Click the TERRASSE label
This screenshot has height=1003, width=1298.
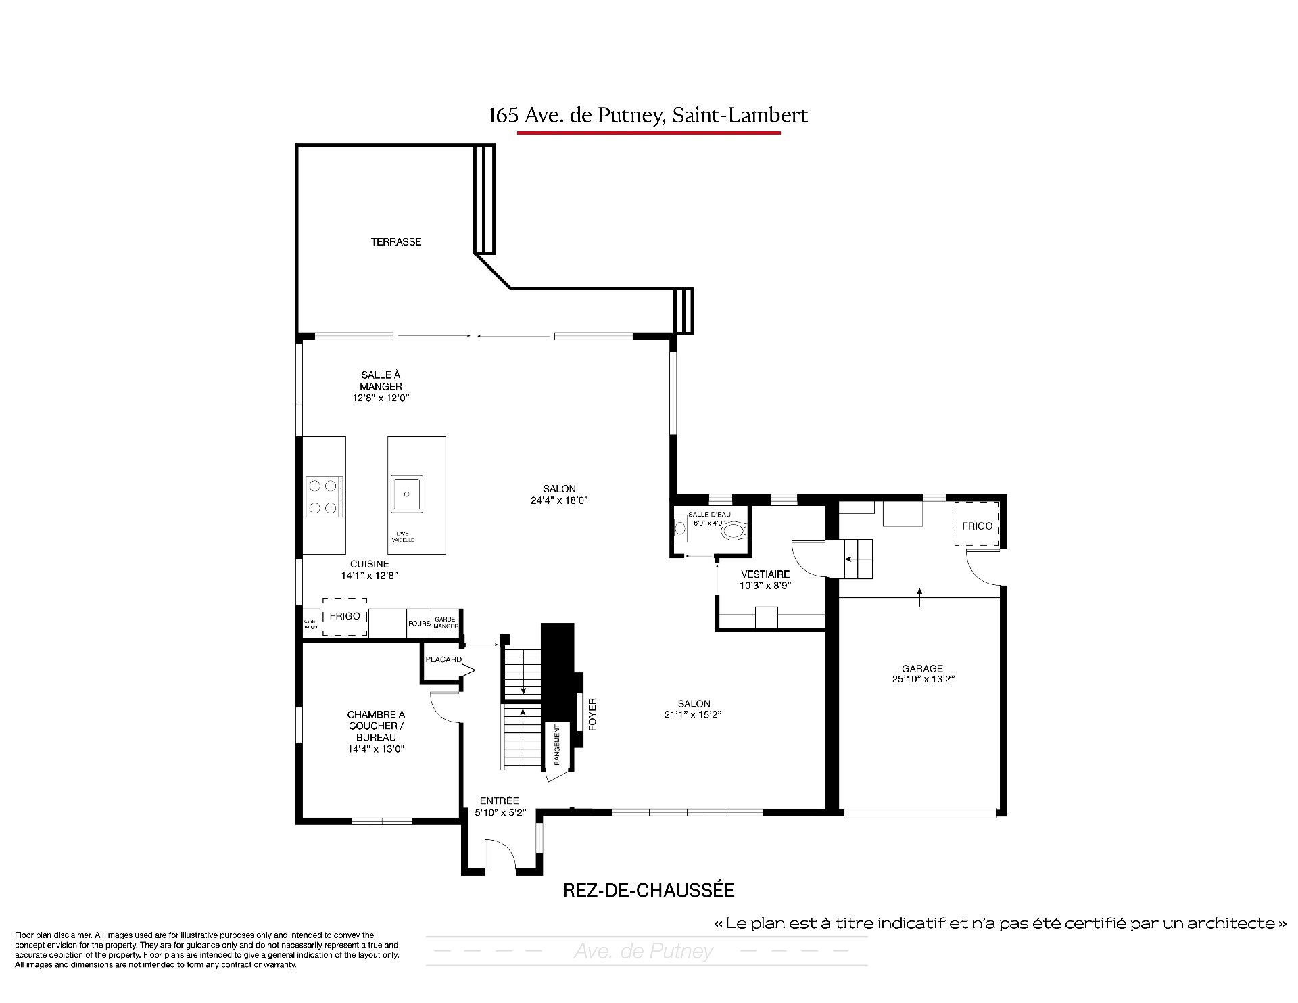coord(396,241)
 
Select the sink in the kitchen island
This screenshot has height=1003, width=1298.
coord(406,495)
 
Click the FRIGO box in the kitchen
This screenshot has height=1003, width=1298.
coord(345,617)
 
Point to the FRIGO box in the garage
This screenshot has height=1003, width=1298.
coord(977,523)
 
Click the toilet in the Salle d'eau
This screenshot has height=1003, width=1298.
coord(734,532)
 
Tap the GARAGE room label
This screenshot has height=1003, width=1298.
coord(922,668)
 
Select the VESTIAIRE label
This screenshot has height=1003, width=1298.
coord(765,574)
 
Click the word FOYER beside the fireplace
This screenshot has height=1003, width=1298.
coord(592,714)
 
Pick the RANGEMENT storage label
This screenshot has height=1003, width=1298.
coord(558,745)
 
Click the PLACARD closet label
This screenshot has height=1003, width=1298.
coord(443,659)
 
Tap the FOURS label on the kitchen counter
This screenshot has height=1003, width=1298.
coord(419,623)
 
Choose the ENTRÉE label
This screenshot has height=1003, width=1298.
coord(500,801)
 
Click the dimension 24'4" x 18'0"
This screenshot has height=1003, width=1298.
coord(560,500)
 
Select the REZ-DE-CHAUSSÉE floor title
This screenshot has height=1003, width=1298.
coord(649,890)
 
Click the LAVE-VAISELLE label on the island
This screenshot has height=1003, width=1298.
coord(403,536)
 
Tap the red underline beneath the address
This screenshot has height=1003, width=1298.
coord(649,133)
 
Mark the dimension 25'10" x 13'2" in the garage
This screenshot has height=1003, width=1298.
coord(923,680)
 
